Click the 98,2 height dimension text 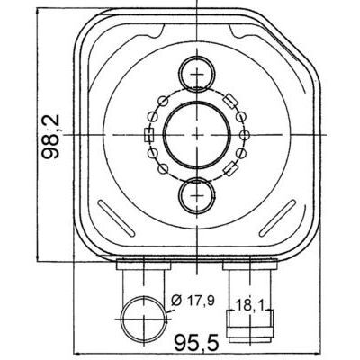[50, 137]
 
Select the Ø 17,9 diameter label [194, 301]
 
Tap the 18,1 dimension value [249, 305]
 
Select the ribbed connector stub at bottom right [249, 326]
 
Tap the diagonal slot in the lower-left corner [117, 218]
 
